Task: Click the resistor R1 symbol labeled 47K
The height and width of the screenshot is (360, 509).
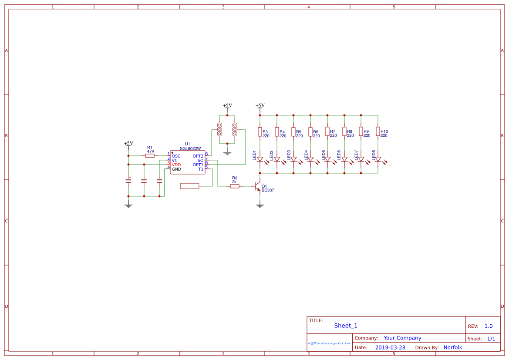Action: pyautogui.click(x=150, y=155)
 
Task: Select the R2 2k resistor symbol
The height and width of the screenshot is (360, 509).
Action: pyautogui.click(x=235, y=186)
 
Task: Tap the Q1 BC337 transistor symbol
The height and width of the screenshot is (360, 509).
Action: pyautogui.click(x=258, y=186)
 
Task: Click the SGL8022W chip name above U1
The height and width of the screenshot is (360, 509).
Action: pyautogui.click(x=190, y=148)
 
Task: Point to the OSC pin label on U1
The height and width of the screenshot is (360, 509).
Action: pyautogui.click(x=176, y=156)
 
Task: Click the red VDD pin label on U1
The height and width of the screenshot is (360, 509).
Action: pyautogui.click(x=176, y=165)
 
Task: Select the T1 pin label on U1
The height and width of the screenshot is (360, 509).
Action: pyautogui.click(x=201, y=169)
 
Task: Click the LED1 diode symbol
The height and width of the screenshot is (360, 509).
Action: pyautogui.click(x=260, y=159)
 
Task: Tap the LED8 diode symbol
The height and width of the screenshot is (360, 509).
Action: pyautogui.click(x=378, y=159)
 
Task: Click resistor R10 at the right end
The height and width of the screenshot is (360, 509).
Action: pyautogui.click(x=378, y=131)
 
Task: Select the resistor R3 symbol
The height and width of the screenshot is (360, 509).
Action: pyautogui.click(x=260, y=131)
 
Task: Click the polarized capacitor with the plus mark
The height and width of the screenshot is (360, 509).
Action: pyautogui.click(x=128, y=181)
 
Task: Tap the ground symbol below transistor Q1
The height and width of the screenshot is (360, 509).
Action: pyautogui.click(x=260, y=205)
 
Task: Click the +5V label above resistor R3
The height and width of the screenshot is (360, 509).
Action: pyautogui.click(x=260, y=105)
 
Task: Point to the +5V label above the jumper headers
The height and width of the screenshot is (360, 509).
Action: pyautogui.click(x=227, y=105)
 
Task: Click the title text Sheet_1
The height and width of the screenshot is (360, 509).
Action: pyautogui.click(x=346, y=326)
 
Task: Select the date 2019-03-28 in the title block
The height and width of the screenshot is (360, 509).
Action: pyautogui.click(x=390, y=347)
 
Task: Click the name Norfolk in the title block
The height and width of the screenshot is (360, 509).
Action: pyautogui.click(x=453, y=347)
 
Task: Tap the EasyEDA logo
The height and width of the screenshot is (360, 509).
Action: pyautogui.click(x=330, y=343)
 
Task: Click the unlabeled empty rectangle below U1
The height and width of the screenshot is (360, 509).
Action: pyautogui.click(x=189, y=186)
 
